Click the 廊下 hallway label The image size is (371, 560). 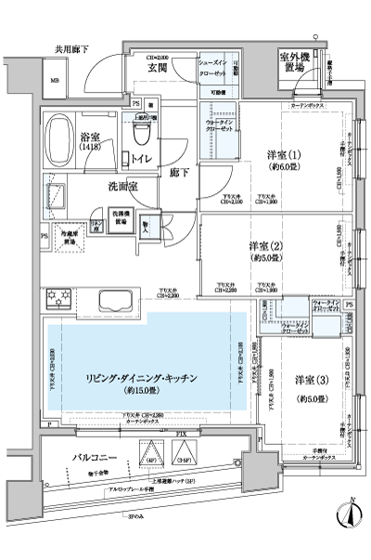point(182,172)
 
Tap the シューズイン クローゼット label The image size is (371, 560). point(217,69)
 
